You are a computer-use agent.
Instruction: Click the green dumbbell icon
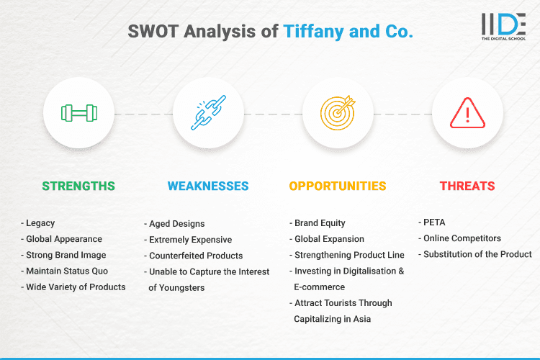[78, 113]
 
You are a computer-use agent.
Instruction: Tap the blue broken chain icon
[208, 113]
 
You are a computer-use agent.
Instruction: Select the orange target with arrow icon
[338, 113]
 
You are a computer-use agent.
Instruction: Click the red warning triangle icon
[467, 113]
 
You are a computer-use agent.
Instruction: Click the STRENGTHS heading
[78, 186]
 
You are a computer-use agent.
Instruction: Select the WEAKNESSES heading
[208, 186]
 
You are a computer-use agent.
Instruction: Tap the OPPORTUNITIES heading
[338, 186]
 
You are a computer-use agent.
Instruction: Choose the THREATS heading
[467, 186]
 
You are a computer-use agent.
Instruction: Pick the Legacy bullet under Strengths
[40, 223]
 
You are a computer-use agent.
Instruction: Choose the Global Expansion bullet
[330, 239]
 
